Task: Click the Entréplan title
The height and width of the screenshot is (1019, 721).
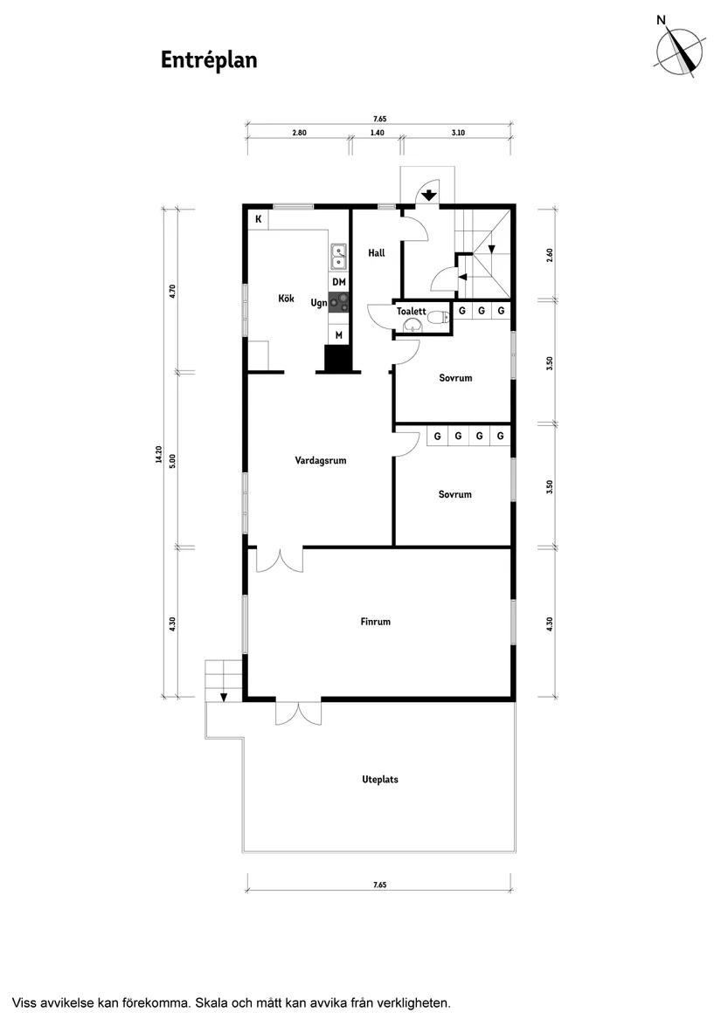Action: click(208, 59)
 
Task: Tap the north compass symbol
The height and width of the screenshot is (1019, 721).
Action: click(681, 50)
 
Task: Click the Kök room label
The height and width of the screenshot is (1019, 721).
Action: click(286, 299)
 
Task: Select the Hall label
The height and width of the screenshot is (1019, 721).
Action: click(377, 253)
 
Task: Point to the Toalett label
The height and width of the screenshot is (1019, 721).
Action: click(411, 311)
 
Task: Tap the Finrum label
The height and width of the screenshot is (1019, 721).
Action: click(375, 623)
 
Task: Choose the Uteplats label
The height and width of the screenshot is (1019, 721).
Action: click(379, 780)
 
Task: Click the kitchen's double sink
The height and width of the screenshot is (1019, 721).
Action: click(338, 256)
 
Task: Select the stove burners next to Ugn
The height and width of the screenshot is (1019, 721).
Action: click(339, 303)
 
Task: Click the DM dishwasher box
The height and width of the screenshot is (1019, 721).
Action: click(339, 282)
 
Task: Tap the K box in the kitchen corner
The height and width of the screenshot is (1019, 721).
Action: click(259, 219)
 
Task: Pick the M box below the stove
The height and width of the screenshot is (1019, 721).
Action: click(339, 334)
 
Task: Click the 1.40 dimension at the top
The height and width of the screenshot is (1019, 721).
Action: click(377, 133)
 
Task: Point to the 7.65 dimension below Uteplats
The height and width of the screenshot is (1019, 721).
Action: click(379, 885)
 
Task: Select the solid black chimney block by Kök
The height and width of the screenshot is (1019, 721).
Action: click(337, 358)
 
